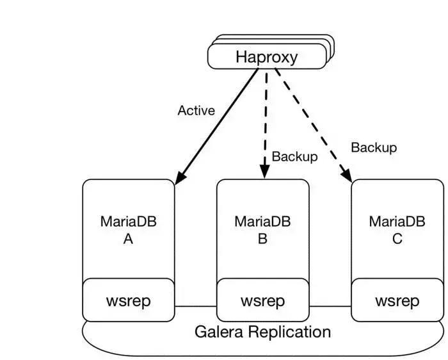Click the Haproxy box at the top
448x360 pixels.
pos(266,56)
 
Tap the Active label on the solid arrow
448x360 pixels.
pos(196,110)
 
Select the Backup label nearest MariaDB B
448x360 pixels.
pos(294,156)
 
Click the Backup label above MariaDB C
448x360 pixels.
pos(374,147)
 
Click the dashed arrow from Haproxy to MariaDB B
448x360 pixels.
pos(264,122)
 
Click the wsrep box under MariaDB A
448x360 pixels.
pos(128,300)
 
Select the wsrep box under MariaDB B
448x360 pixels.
pos(262,300)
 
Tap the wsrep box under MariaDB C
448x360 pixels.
pos(397,300)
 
